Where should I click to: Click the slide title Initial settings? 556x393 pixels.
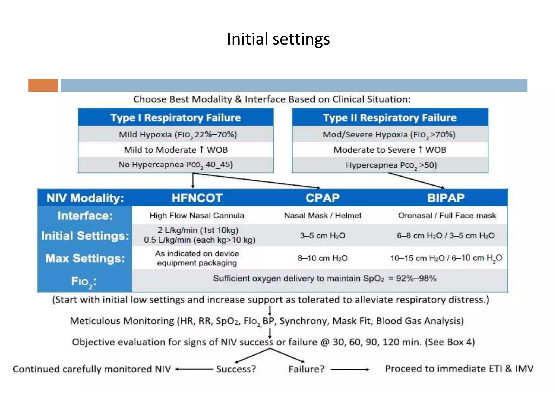(278, 39)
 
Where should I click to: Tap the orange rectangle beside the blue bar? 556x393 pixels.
(43, 85)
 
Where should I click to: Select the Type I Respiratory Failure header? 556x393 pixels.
(176, 118)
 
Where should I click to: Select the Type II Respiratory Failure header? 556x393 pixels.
(390, 118)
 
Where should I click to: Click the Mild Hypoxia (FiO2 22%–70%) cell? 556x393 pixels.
(178, 135)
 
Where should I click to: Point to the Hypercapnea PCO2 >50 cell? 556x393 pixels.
(391, 165)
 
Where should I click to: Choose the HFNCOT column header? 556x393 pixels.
(197, 198)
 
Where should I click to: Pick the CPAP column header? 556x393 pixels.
(323, 198)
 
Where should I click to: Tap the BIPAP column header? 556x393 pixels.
(446, 198)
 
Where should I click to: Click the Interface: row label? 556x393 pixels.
(85, 216)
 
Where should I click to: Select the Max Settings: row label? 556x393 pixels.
(85, 258)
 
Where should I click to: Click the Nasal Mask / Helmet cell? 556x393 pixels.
(323, 216)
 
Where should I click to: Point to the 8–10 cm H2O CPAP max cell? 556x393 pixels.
(323, 258)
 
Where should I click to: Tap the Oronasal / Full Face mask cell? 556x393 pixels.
(447, 216)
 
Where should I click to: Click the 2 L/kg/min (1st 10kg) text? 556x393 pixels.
(198, 230)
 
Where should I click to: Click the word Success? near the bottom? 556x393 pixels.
(236, 369)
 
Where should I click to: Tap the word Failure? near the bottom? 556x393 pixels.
(306, 369)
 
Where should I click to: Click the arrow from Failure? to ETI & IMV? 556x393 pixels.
(350, 369)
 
